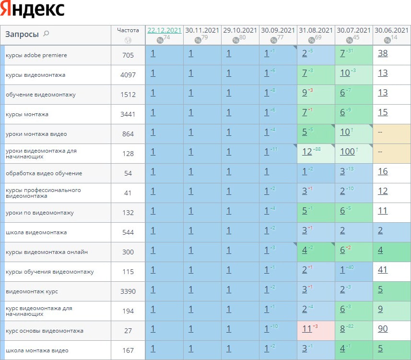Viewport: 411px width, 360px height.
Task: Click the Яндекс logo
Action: [x=33, y=10]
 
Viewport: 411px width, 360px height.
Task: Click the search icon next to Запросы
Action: [x=46, y=34]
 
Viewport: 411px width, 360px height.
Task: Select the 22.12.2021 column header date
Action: [x=164, y=30]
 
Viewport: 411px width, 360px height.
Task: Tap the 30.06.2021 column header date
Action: [x=391, y=30]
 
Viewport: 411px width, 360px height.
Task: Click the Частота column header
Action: [x=128, y=30]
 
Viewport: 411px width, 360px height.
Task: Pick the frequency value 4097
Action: [x=128, y=75]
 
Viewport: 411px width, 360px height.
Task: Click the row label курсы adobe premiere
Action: [x=36, y=55]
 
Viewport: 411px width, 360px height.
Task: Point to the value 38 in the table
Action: [x=383, y=53]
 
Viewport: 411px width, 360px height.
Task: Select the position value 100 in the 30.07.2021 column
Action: [x=347, y=152]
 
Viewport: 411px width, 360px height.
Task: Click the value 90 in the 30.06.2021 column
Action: [x=383, y=329]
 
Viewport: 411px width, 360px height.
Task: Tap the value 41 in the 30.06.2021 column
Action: [x=382, y=270]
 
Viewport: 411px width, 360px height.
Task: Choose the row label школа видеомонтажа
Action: [x=36, y=232]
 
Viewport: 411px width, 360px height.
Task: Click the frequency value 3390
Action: [x=128, y=291]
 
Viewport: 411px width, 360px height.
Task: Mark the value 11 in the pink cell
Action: [x=307, y=329]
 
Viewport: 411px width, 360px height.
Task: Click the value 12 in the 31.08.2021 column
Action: [x=307, y=152]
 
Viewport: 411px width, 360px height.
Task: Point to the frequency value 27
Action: [x=128, y=331]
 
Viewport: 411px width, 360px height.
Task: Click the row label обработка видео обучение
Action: [x=44, y=173]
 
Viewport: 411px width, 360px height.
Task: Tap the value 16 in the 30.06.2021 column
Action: [x=382, y=171]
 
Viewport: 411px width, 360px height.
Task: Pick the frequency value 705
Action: [x=128, y=55]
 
